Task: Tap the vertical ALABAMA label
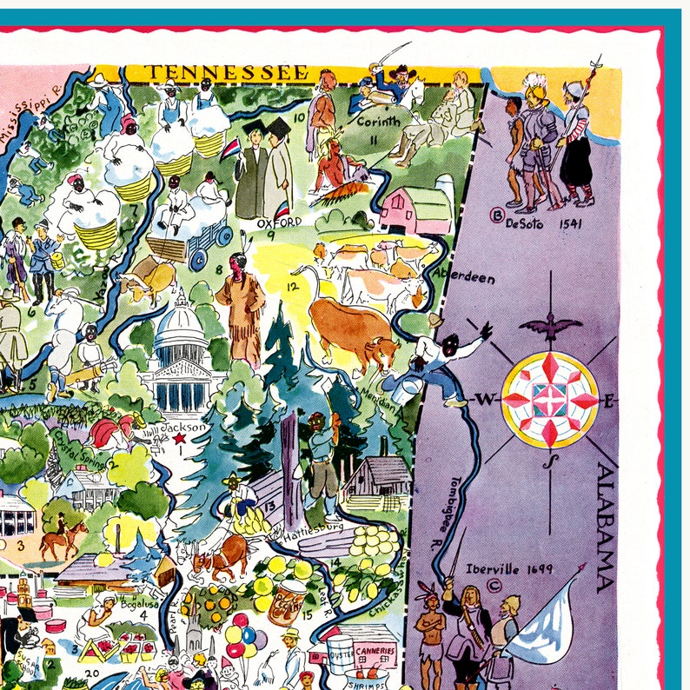[x=606, y=527]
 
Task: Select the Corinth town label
[x=379, y=123]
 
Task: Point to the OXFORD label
[x=278, y=222]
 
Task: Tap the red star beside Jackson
[x=178, y=440]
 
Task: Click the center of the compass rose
[x=550, y=399]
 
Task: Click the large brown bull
[x=352, y=330]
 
